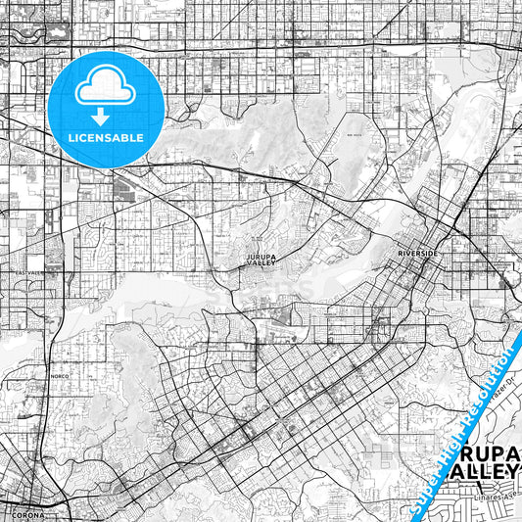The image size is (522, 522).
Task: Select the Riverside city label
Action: [418, 254]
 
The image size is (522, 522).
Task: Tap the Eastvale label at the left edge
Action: [14, 274]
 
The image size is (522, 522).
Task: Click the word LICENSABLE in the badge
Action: [105, 138]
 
